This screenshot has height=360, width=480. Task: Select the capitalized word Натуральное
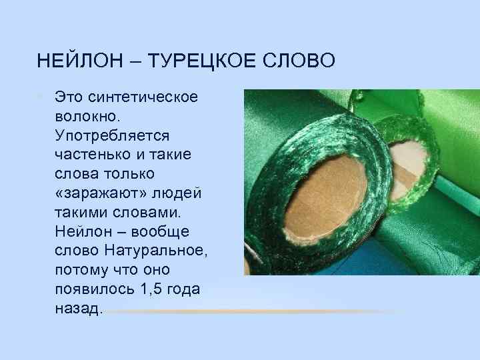point(157,251)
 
